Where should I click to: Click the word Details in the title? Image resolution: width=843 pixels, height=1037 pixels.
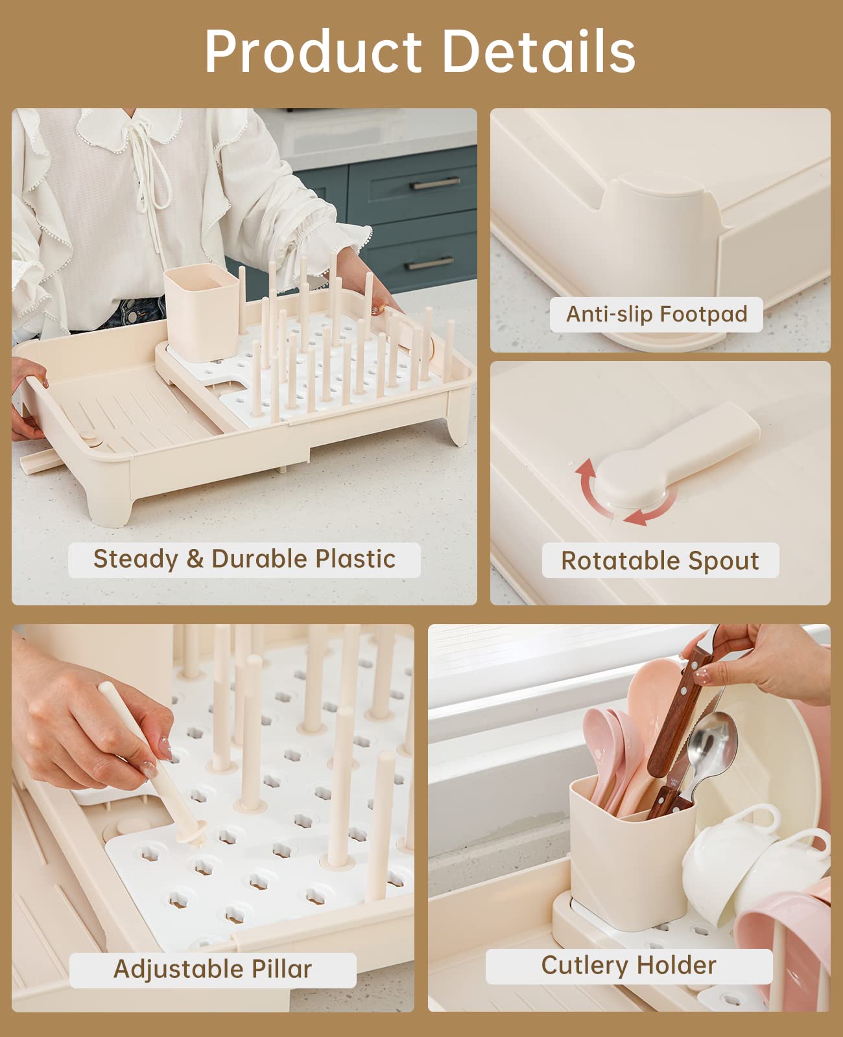click(x=539, y=51)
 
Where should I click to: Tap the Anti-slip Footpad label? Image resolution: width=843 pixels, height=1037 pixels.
click(x=656, y=314)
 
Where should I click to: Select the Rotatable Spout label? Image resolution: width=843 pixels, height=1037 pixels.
click(x=660, y=561)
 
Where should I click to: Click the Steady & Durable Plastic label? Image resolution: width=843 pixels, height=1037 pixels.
click(x=244, y=559)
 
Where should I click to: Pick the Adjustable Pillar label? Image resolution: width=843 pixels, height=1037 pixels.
click(x=213, y=969)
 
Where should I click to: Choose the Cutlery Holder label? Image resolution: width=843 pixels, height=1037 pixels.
click(x=629, y=966)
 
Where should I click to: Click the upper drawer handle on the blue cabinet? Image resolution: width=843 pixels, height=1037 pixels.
click(x=435, y=183)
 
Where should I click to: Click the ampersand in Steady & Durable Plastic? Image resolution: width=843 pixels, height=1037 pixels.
click(x=195, y=559)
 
